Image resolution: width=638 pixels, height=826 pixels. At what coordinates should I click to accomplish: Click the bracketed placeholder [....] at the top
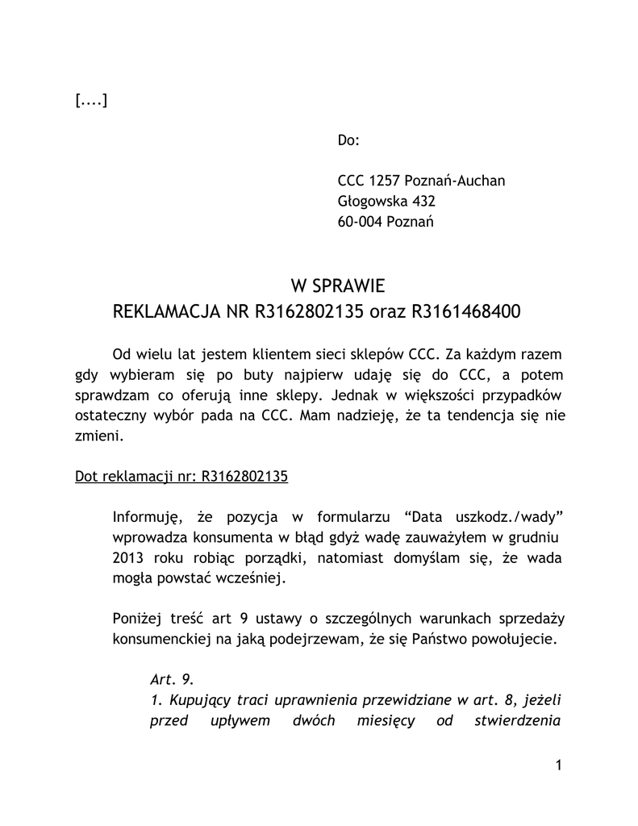pyautogui.click(x=91, y=100)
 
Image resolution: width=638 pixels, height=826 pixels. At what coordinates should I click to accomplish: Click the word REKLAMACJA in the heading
pyautogui.click(x=169, y=311)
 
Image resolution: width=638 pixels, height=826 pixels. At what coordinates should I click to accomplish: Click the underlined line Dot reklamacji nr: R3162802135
pyautogui.click(x=181, y=476)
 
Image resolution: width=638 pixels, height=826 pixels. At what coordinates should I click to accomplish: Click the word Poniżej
pyautogui.click(x=138, y=619)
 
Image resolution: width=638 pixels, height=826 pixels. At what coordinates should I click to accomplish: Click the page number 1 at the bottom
pyautogui.click(x=557, y=766)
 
